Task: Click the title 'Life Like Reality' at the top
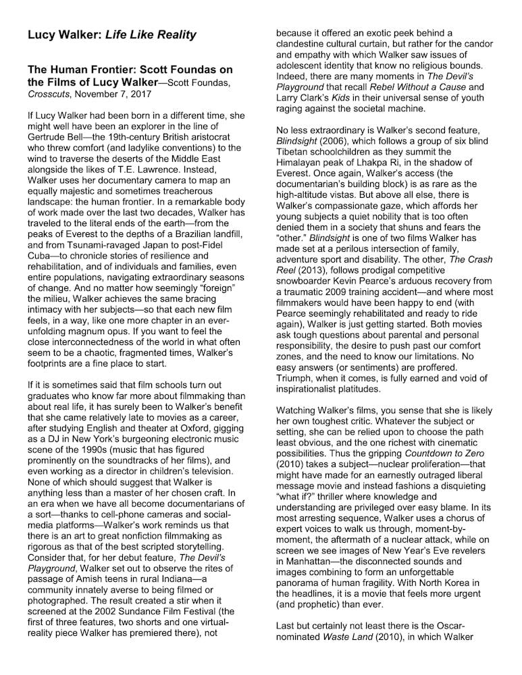[x=150, y=34]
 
